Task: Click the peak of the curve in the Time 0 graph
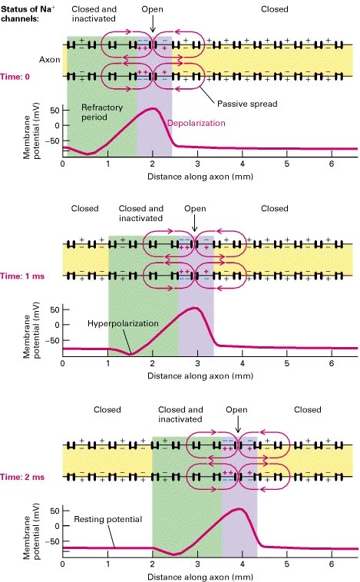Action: tap(154, 108)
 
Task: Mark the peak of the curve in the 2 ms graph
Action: tap(243, 509)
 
